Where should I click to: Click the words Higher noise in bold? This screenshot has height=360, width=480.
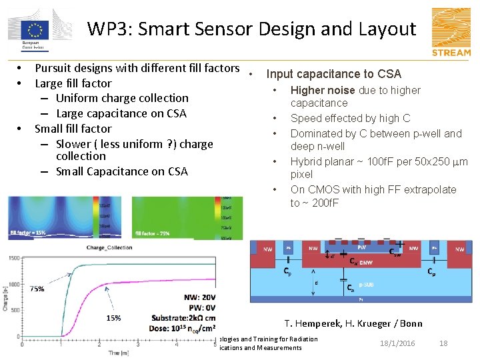pyautogui.click(x=323, y=90)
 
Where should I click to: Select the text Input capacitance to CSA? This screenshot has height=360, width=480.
pyautogui.click(x=333, y=74)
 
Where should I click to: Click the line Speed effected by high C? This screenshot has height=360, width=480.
pyautogui.click(x=350, y=118)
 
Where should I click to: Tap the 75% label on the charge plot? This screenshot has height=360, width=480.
pyautogui.click(x=37, y=289)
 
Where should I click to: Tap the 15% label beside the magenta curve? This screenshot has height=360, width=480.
pyautogui.click(x=113, y=318)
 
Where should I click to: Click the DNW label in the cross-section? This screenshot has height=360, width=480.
pyautogui.click(x=366, y=263)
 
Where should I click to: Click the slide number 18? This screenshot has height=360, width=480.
pyautogui.click(x=443, y=343)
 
